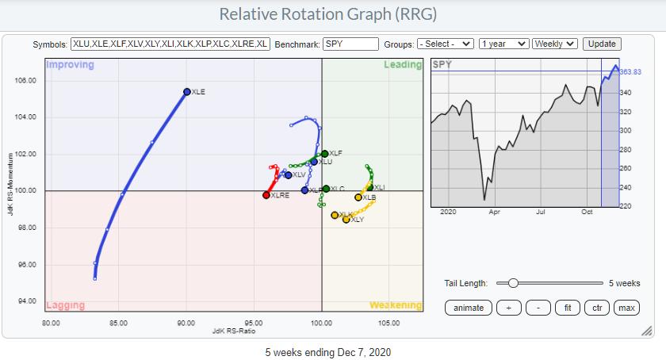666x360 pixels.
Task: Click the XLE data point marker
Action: coord(187,92)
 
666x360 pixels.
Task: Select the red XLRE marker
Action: coord(266,194)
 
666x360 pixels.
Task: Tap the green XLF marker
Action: coord(325,153)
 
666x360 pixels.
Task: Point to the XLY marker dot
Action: coord(346,219)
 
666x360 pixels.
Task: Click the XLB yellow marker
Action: coord(358,197)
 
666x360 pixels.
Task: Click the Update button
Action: coord(603,44)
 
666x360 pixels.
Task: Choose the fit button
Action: coord(567,308)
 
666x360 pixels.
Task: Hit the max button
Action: coord(626,308)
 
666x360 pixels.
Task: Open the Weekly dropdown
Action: coord(555,44)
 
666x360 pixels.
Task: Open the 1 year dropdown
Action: coord(504,44)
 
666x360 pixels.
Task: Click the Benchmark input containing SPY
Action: coord(350,44)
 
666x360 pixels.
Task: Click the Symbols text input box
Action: coord(170,44)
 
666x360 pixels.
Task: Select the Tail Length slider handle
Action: coord(513,283)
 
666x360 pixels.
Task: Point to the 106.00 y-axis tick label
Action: coord(25,81)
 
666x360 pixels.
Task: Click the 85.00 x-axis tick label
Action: coord(119,323)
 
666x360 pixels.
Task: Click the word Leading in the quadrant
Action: coord(403,65)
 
